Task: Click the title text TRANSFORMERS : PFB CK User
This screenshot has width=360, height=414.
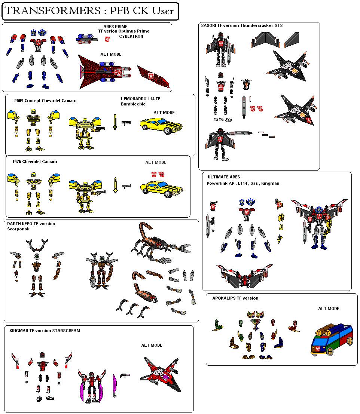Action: click(89, 11)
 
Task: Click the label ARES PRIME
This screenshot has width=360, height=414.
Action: click(115, 27)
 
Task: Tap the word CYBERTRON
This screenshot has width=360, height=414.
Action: click(131, 36)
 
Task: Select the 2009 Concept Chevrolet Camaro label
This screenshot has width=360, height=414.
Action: click(45, 101)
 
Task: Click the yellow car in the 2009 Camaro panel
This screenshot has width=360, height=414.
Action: click(161, 126)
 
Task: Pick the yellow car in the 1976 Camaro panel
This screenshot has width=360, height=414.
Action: click(162, 189)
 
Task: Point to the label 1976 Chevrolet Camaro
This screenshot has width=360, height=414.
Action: click(34, 162)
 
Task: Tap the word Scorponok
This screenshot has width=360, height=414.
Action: click(18, 229)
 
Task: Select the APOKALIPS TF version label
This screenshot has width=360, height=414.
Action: click(235, 298)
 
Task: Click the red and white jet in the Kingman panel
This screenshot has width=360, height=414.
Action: click(161, 374)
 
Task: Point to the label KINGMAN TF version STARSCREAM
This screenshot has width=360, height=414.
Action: click(45, 331)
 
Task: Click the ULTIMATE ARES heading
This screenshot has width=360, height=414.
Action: click(224, 177)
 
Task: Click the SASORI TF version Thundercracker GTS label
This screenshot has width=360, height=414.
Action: click(242, 25)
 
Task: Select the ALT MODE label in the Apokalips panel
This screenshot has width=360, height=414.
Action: click(329, 309)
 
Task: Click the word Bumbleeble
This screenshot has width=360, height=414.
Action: click(133, 104)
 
